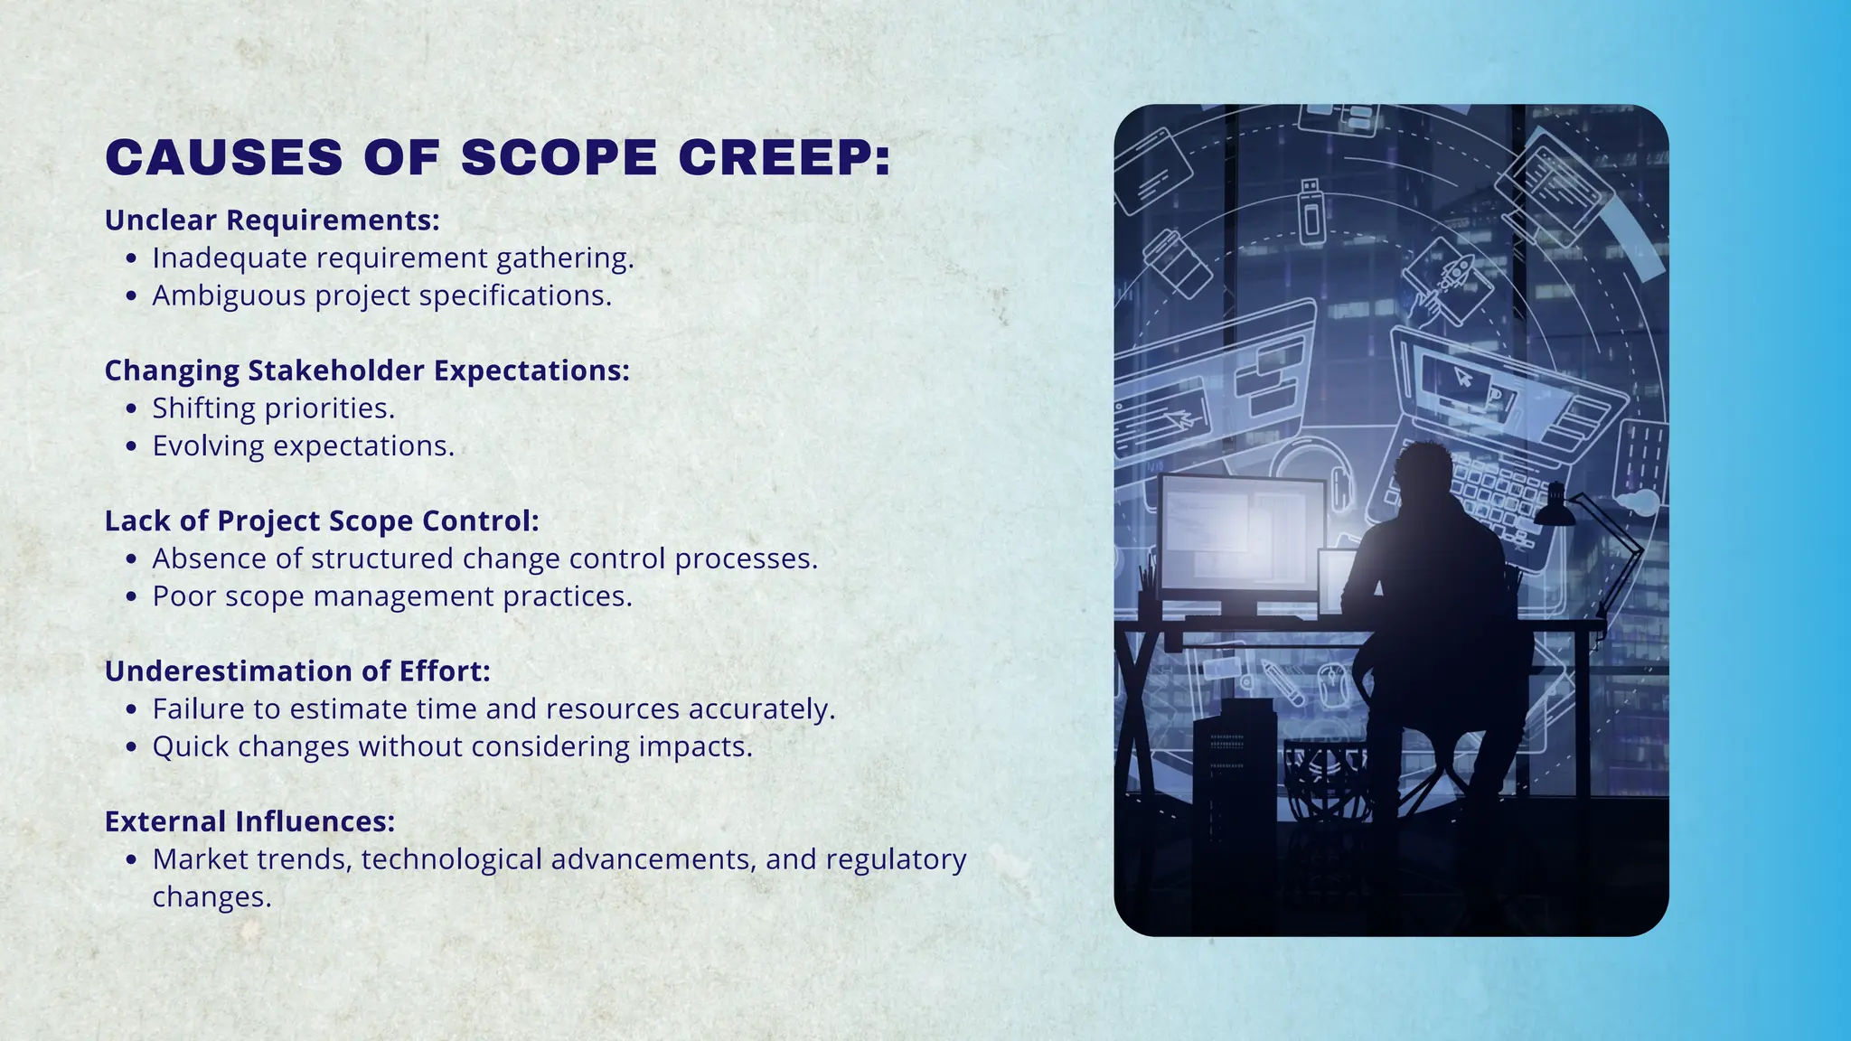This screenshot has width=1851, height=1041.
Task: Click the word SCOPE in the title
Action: pyautogui.click(x=559, y=157)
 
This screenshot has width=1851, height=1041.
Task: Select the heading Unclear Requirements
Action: pyautogui.click(x=272, y=220)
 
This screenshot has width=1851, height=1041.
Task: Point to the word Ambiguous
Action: pyautogui.click(x=229, y=295)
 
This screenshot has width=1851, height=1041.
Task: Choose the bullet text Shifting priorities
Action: pyautogui.click(x=273, y=408)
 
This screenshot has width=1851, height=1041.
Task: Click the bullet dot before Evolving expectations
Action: pyautogui.click(x=132, y=446)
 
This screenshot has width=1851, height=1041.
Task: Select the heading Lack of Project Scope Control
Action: pyautogui.click(x=322, y=521)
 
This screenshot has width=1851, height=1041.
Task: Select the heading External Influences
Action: pyautogui.click(x=249, y=821)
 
